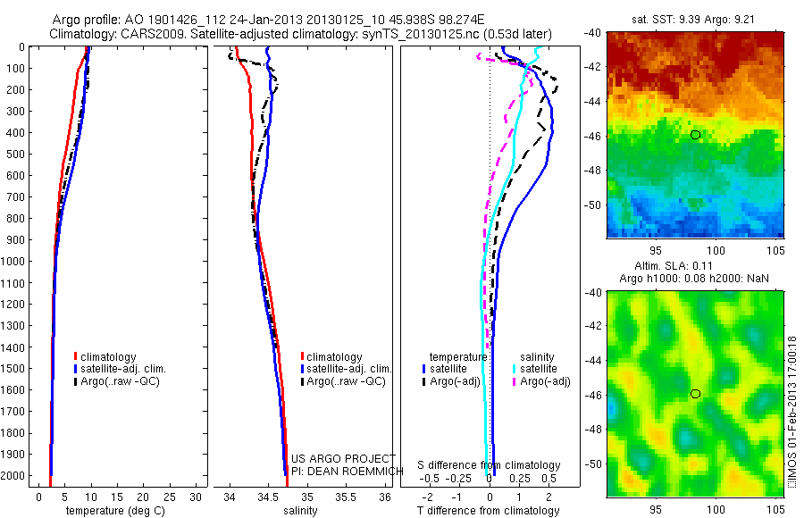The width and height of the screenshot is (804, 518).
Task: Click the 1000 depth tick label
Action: (16, 262)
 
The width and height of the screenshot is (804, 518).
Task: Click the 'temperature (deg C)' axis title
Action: (112, 511)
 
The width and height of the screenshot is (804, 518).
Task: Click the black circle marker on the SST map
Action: (695, 135)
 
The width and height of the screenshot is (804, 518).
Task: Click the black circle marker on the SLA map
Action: (695, 394)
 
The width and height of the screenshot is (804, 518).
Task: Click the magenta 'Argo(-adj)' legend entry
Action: (545, 381)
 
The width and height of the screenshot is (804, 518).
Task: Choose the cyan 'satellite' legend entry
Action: (539, 369)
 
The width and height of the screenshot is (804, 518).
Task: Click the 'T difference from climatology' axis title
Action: (489, 511)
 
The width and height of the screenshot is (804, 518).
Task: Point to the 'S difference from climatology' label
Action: (489, 465)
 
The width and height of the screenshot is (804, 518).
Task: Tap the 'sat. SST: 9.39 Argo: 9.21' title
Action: (695, 15)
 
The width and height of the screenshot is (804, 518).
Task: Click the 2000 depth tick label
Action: (16, 477)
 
